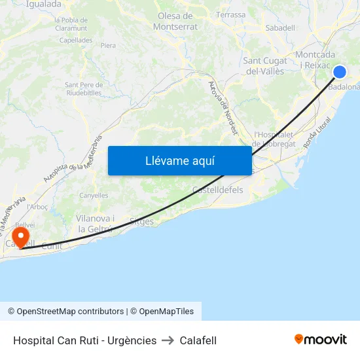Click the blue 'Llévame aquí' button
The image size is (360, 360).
pyautogui.click(x=180, y=160)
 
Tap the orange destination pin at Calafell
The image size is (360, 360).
pyautogui.click(x=21, y=236)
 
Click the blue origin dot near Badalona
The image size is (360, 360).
pyautogui.click(x=340, y=72)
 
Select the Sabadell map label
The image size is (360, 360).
pyautogui.click(x=280, y=27)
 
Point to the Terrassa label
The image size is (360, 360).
pyautogui.click(x=230, y=14)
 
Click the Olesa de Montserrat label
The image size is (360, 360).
pyautogui.click(x=175, y=21)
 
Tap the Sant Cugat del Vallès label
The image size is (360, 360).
pyautogui.click(x=264, y=65)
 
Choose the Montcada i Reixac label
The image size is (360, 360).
pyautogui.click(x=315, y=60)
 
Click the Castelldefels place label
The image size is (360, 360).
pyautogui.click(x=218, y=190)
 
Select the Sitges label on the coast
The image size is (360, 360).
pyautogui.click(x=141, y=221)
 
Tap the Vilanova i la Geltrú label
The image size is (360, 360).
pyautogui.click(x=96, y=223)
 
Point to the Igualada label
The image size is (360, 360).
pyautogui.click(x=44, y=4)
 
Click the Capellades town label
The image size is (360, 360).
pyautogui.click(x=76, y=39)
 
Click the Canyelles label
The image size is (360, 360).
pyautogui.click(x=94, y=195)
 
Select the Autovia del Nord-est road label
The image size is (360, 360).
pyautogui.click(x=223, y=108)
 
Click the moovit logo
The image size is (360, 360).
pyautogui.click(x=321, y=339)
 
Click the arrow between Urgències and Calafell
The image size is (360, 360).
pyautogui.click(x=168, y=340)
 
